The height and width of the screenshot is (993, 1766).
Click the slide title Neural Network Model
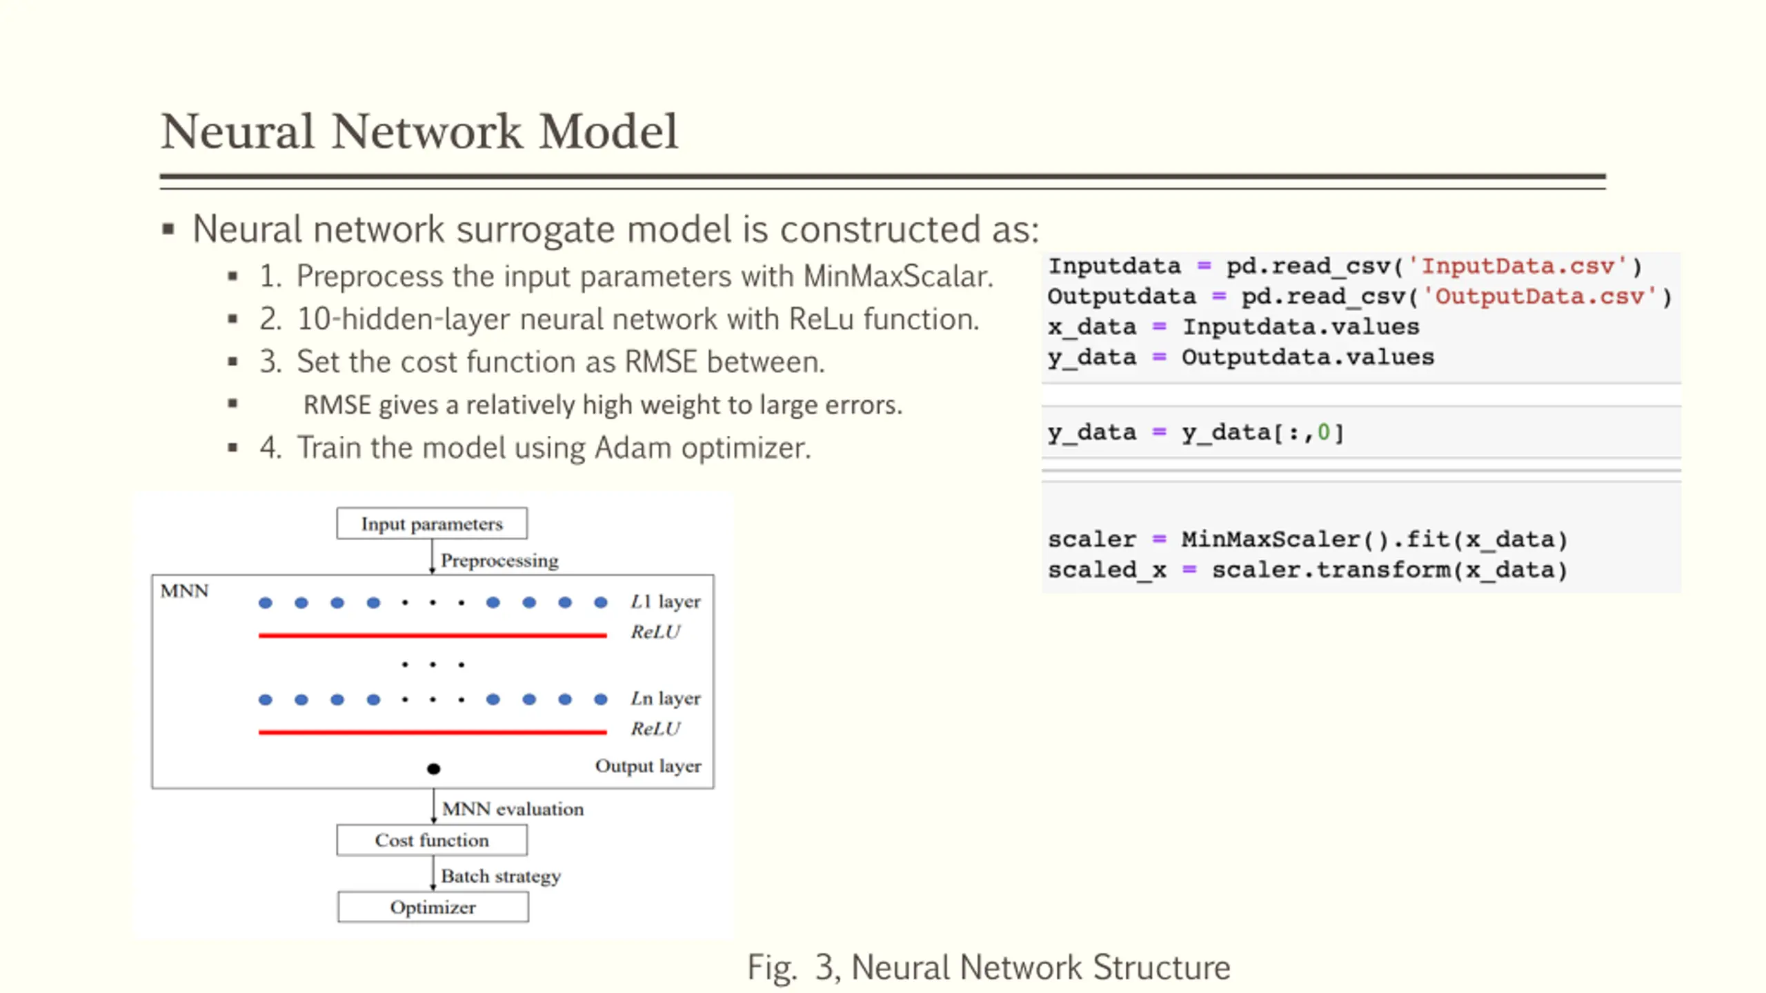[419, 131]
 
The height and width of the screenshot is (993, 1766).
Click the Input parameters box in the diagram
[432, 523]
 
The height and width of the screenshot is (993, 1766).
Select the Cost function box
[432, 840]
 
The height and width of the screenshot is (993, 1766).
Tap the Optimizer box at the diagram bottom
[433, 907]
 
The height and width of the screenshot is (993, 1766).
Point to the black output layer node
[433, 768]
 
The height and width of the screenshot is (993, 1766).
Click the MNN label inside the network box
[184, 591]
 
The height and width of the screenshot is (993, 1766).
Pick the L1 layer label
[666, 601]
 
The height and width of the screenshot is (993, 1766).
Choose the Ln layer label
[666, 698]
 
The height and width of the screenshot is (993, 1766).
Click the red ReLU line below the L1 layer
[433, 635]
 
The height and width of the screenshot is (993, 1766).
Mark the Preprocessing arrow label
[499, 560]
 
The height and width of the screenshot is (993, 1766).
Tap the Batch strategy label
[501, 876]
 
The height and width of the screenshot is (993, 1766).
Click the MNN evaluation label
[513, 808]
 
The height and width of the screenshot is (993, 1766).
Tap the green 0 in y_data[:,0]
[1323, 432]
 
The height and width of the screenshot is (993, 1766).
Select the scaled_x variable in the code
[1107, 570]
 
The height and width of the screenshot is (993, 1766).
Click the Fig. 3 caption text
[989, 967]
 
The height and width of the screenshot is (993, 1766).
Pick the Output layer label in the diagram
[648, 766]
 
